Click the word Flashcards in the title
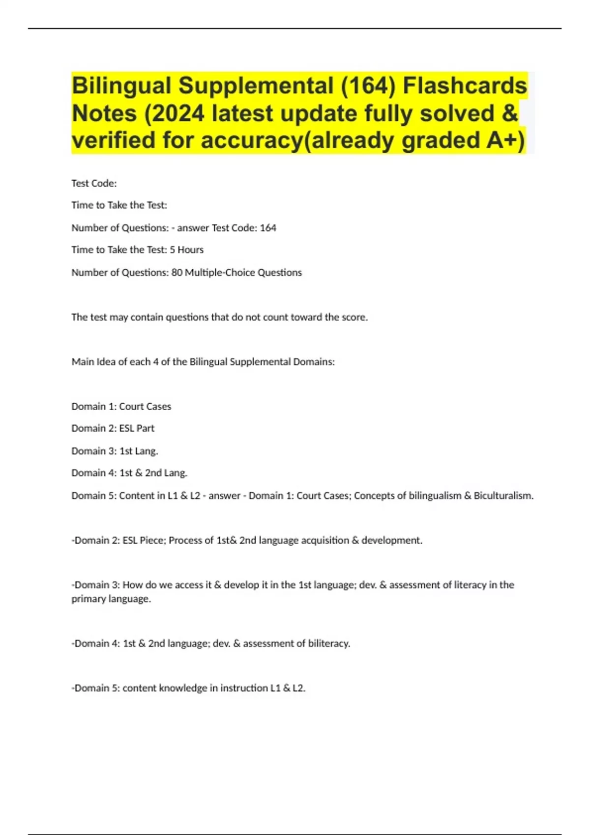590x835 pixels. coord(465,85)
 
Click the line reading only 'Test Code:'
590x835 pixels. coord(94,183)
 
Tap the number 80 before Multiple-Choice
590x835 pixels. coord(177,272)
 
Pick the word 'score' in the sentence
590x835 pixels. coord(354,317)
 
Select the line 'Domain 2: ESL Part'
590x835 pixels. coord(113,428)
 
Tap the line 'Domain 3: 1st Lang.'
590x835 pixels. coord(115,450)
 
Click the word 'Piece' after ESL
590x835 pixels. coord(152,540)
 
